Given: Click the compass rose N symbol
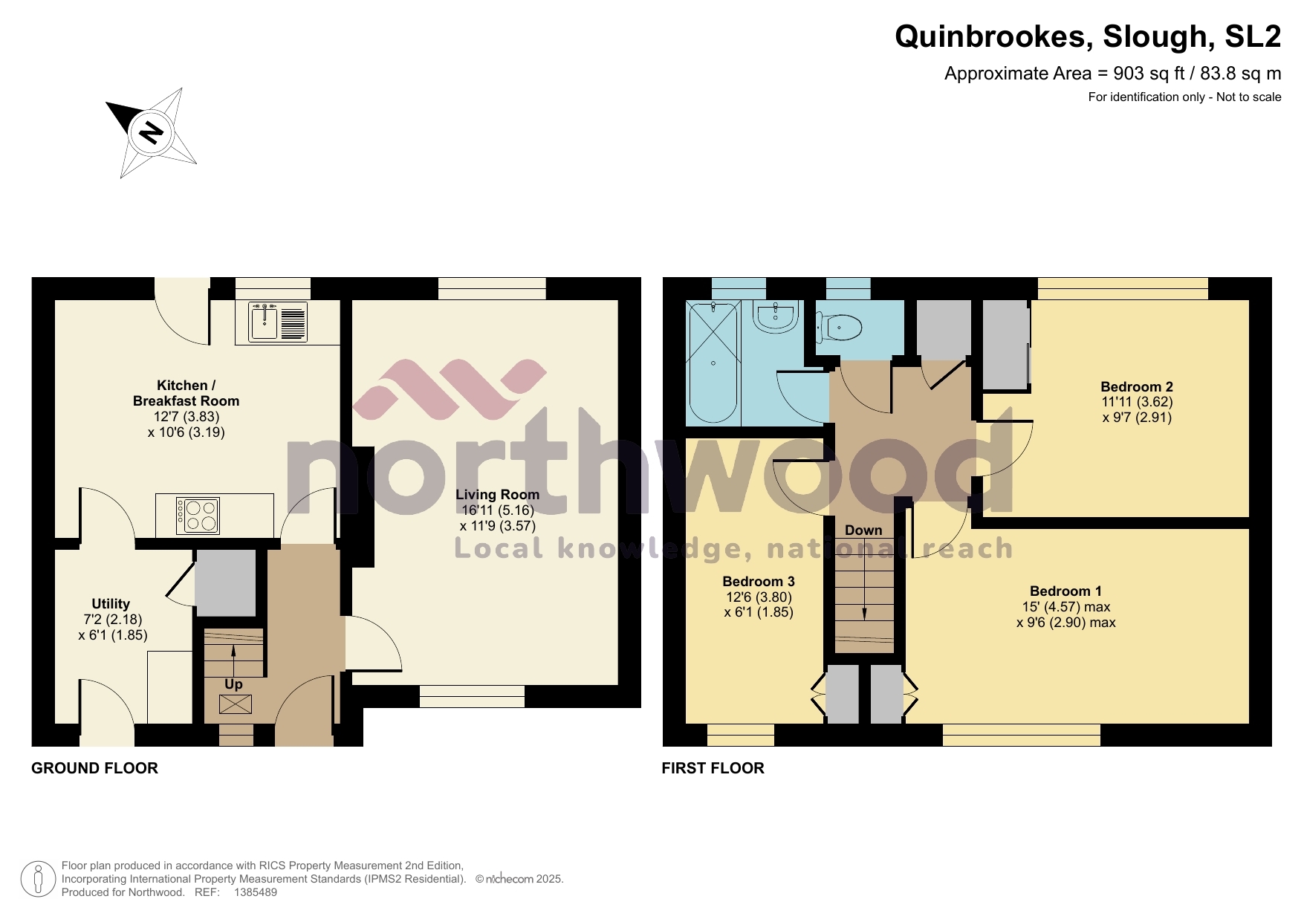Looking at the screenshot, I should point(151,133).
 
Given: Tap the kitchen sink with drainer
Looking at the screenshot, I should point(279,322).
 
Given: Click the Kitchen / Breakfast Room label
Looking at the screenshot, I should point(186,393).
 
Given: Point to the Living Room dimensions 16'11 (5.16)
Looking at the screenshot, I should point(497,510).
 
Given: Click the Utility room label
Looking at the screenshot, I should point(111,603).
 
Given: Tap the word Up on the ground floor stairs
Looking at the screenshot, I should point(233,684).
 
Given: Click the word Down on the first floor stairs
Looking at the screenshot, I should point(863,530).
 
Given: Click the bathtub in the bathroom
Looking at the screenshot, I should point(713,363).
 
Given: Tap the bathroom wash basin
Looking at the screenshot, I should point(776,317).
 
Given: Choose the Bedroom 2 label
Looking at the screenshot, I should point(1136,386).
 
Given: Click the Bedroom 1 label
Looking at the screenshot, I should point(1065,591).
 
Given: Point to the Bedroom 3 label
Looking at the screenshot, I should point(758,581).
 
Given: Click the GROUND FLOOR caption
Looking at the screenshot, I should point(94,768).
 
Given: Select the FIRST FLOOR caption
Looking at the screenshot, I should point(713,768).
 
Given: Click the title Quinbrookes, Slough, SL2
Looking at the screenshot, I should point(1087,36).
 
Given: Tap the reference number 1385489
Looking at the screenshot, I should point(256,892).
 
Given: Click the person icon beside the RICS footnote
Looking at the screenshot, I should point(37,879).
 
